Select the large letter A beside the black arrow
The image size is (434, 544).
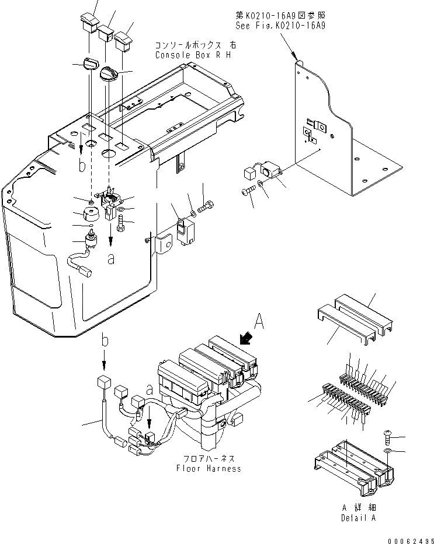click(259, 320)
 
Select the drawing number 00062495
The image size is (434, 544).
click(408, 539)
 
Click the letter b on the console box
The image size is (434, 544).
click(82, 167)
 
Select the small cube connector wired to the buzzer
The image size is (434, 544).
click(248, 174)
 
